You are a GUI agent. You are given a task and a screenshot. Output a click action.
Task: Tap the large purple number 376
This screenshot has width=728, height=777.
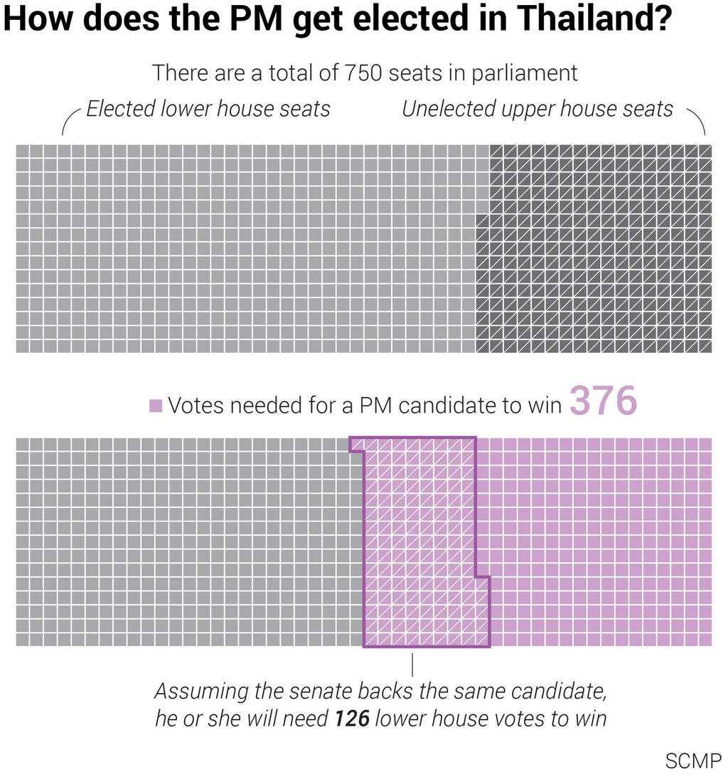(603, 403)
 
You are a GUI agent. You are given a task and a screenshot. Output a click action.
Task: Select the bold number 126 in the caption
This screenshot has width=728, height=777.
(352, 719)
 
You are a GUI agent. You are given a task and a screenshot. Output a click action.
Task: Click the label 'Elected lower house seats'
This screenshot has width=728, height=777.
(208, 109)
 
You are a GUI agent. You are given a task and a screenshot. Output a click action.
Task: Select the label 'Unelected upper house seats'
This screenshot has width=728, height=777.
(537, 109)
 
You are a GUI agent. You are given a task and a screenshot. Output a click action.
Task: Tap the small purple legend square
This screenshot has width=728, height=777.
(156, 406)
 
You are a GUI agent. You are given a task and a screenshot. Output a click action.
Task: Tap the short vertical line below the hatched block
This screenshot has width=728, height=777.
(413, 663)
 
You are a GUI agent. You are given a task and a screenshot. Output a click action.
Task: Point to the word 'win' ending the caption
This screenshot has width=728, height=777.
(589, 719)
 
